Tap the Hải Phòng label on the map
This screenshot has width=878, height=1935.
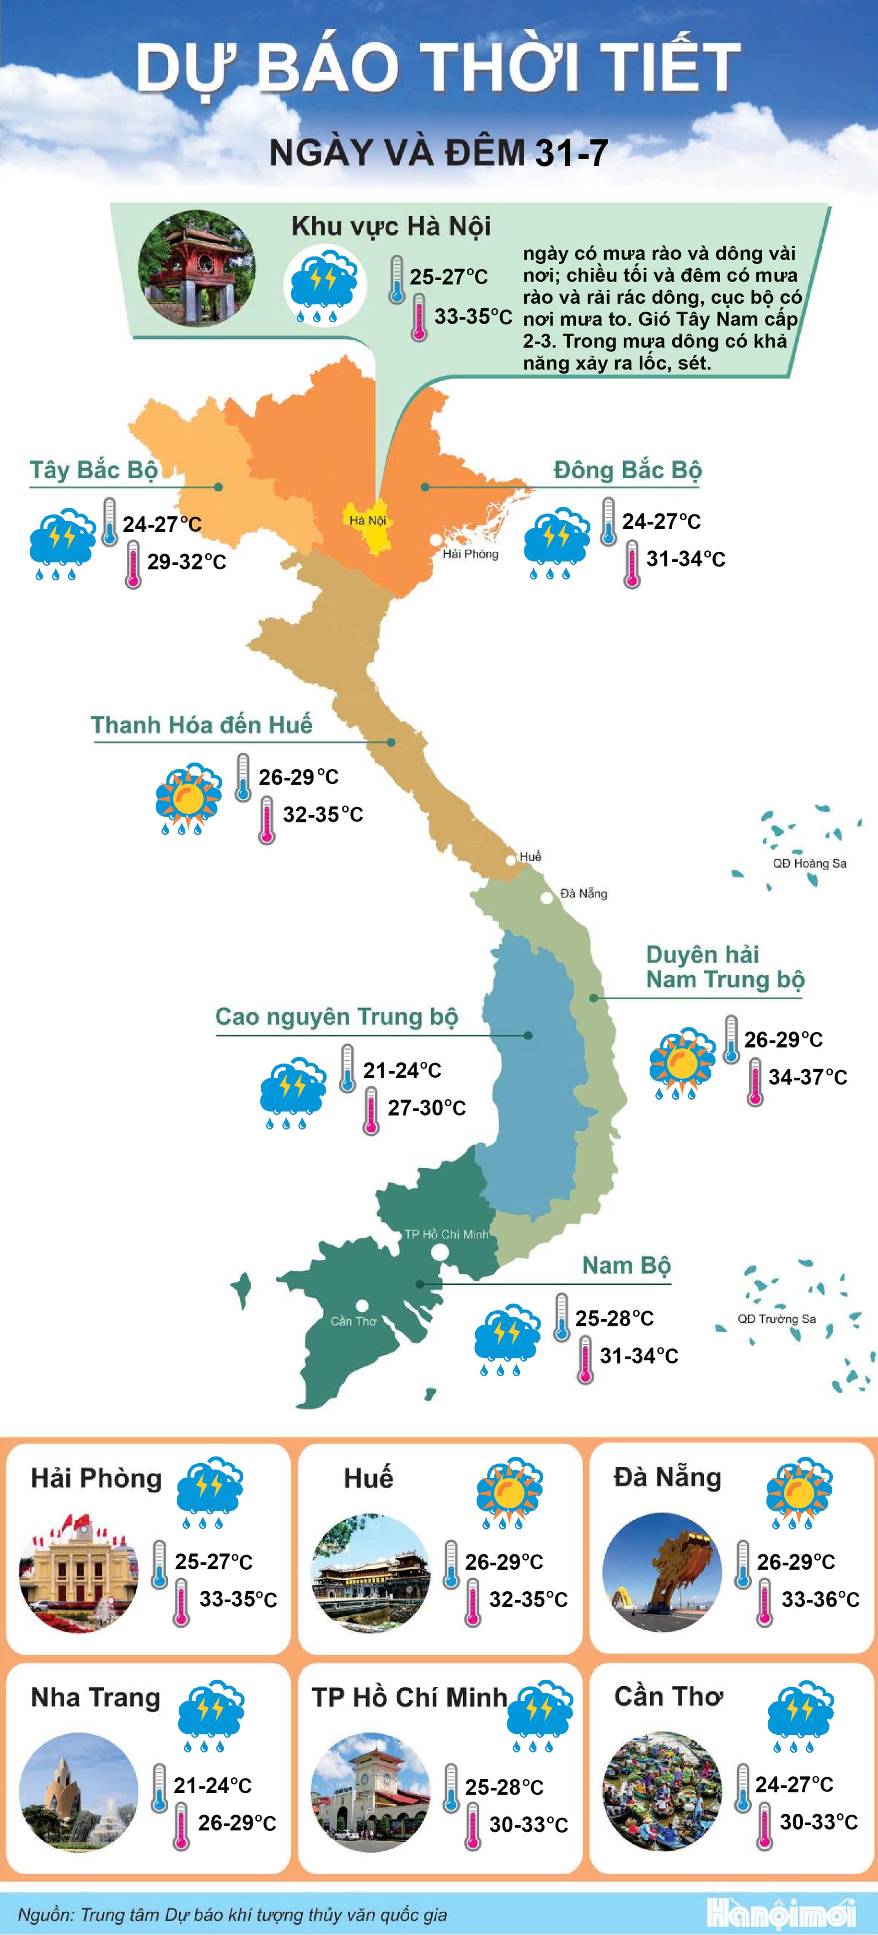click(470, 554)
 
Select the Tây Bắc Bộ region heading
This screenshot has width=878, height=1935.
click(94, 470)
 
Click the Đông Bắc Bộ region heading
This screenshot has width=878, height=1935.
click(627, 470)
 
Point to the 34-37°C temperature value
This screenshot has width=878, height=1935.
click(808, 1077)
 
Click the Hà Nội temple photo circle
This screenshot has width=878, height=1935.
click(197, 269)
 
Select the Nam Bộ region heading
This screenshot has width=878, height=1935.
click(626, 1266)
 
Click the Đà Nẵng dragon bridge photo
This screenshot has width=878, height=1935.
click(662, 1572)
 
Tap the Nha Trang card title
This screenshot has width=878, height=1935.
click(96, 1698)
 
